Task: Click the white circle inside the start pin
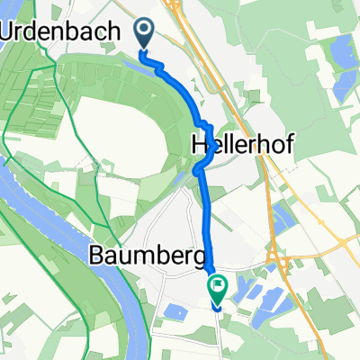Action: [x=145, y=31]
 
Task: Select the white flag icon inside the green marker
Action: [x=218, y=287]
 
